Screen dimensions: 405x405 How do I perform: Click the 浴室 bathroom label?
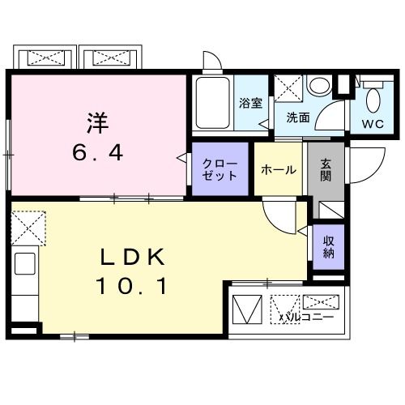pyautogui.click(x=249, y=103)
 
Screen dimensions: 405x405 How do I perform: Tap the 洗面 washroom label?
pyautogui.click(x=297, y=117)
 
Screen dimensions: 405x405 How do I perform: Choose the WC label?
pyautogui.click(x=373, y=125)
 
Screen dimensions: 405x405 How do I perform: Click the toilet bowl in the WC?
pyautogui.click(x=373, y=100)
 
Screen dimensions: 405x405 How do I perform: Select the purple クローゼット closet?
pyautogui.click(x=220, y=168)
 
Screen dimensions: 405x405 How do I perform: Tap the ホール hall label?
pyautogui.click(x=279, y=170)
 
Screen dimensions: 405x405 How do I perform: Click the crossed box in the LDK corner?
pyautogui.click(x=28, y=225)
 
